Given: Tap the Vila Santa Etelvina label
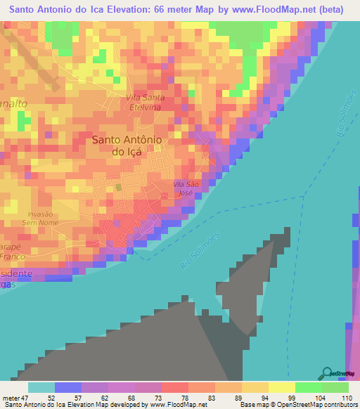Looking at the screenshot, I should [145, 102].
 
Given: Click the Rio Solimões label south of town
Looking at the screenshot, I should [200, 250].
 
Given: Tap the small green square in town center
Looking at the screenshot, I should [119, 187].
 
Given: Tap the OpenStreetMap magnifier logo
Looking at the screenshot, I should [326, 372].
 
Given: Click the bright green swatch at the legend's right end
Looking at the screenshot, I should [335, 387].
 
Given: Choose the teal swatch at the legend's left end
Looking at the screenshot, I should [41, 387].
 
